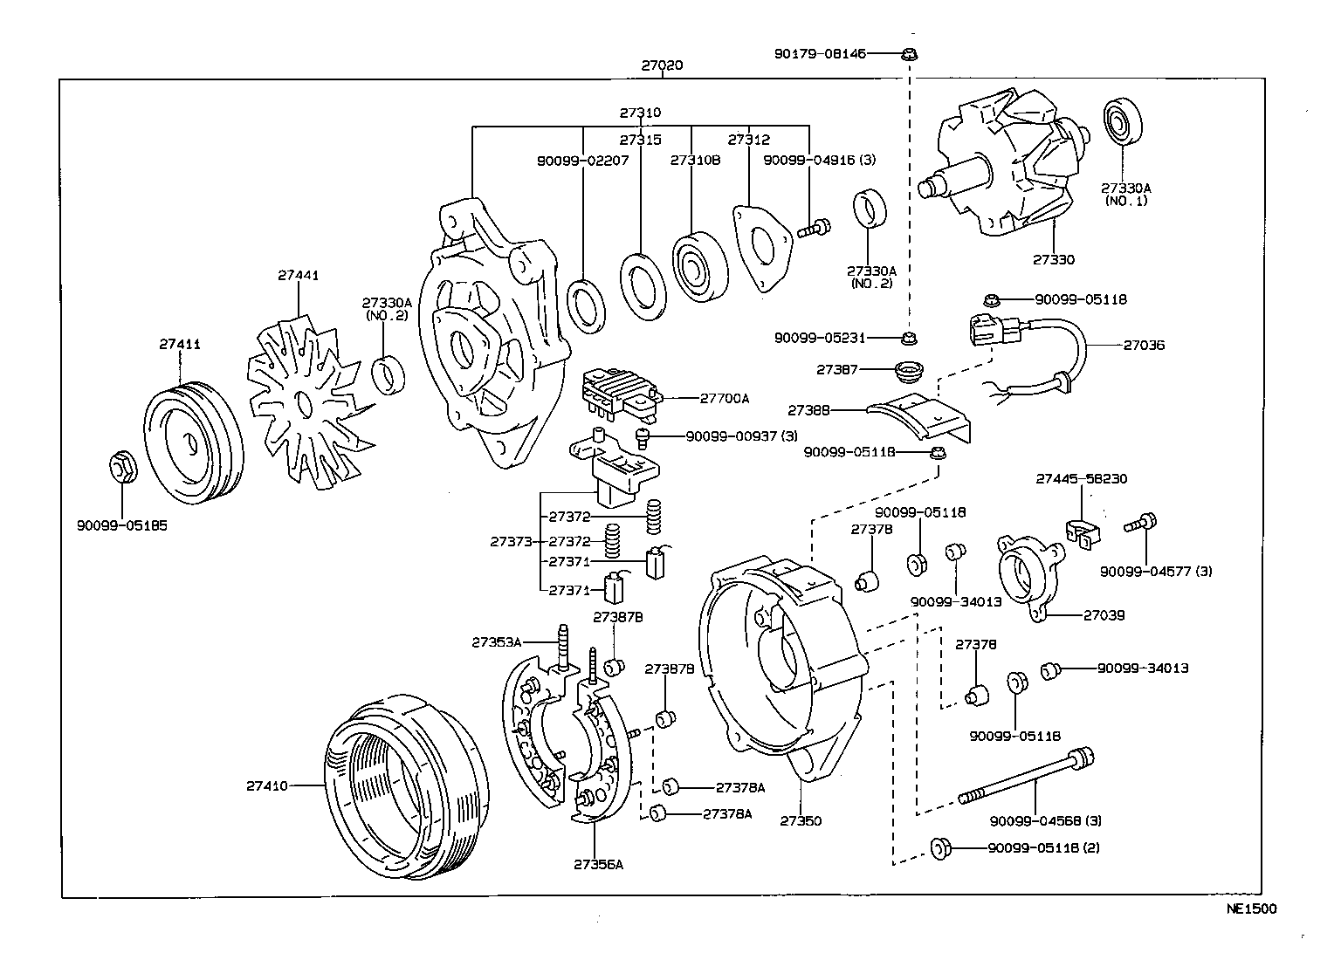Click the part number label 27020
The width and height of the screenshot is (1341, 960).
[662, 65]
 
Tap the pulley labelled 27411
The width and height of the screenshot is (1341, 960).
[191, 442]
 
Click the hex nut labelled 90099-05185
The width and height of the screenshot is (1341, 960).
[121, 469]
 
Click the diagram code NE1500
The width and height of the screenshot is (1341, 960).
[1251, 909]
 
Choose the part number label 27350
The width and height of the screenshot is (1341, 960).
[801, 821]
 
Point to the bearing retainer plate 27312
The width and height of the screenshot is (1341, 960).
[764, 243]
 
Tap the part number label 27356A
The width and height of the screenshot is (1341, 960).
[599, 865]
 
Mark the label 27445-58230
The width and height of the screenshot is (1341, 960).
[1082, 479]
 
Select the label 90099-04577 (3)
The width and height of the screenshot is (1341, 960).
[1156, 572]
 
